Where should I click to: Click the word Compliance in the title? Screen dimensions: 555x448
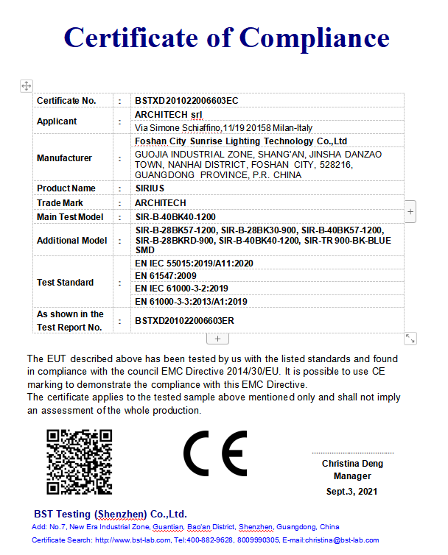click(314, 37)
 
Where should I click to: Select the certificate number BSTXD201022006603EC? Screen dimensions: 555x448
click(186, 100)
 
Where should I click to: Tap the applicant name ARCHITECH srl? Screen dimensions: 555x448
click(169, 115)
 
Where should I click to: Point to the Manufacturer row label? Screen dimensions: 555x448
click(64, 158)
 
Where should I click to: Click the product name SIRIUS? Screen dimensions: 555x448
click(150, 188)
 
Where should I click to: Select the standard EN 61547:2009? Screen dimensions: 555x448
click(166, 275)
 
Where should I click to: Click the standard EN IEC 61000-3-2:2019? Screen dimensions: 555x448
click(181, 289)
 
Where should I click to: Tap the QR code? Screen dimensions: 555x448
click(79, 462)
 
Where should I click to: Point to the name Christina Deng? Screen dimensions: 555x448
click(352, 464)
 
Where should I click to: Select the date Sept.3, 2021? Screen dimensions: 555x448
click(352, 491)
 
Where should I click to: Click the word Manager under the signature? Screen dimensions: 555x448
click(352, 477)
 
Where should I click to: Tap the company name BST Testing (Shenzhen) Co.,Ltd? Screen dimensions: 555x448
click(111, 514)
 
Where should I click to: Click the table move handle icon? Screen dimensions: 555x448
click(26, 86)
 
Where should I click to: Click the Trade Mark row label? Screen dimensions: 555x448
click(60, 202)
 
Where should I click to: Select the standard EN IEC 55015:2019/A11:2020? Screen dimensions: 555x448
click(194, 263)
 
